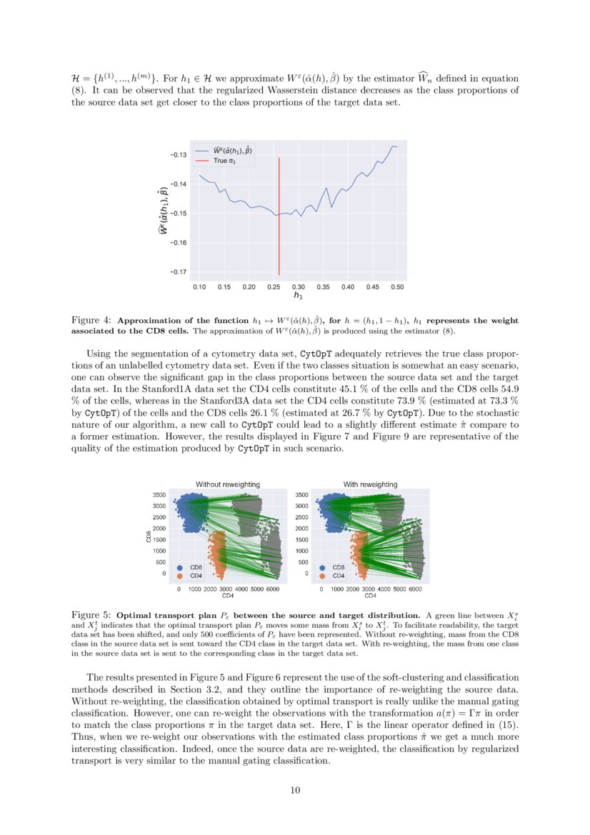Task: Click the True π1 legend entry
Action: pos(224,161)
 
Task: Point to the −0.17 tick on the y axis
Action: pos(178,271)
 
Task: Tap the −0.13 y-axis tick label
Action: pos(178,155)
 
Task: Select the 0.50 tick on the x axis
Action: pos(397,286)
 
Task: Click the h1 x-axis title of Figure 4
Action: pos(298,295)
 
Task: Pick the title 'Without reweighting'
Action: pos(228,484)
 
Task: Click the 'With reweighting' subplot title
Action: pos(370,484)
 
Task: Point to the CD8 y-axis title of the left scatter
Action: pos(149,536)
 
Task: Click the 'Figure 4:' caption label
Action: pos(91,321)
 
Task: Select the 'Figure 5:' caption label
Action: pos(91,615)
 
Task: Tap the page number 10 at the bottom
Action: pos(294,789)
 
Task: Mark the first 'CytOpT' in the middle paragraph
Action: pos(319,354)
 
